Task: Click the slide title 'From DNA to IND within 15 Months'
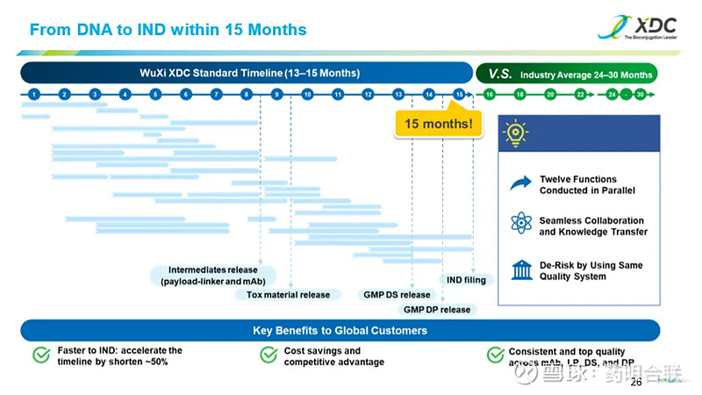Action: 168,30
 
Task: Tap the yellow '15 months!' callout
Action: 439,124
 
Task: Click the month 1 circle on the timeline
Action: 33,94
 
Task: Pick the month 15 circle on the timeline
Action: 459,94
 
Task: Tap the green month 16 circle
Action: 490,94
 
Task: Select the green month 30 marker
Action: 641,94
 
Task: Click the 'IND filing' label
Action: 466,280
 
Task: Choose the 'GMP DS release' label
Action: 397,295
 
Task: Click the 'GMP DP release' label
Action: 436,309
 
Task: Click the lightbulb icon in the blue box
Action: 515,133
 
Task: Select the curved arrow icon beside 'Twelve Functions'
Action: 521,183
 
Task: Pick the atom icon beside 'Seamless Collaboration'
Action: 521,225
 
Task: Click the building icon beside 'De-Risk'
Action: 521,269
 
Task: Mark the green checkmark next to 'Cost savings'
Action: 269,355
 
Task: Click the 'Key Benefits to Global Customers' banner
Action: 340,330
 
